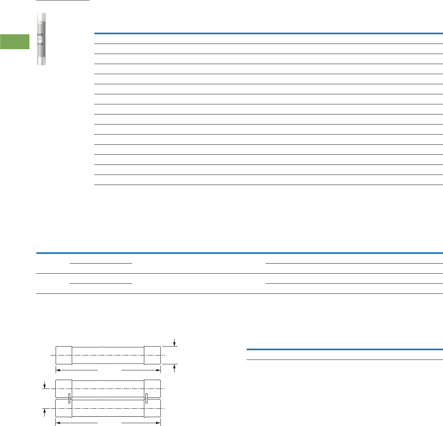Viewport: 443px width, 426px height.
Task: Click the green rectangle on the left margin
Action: [15, 42]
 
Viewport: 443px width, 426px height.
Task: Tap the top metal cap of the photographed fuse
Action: [41, 18]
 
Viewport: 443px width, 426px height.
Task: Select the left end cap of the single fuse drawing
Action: [64, 355]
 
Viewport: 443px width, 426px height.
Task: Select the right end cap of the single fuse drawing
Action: [152, 355]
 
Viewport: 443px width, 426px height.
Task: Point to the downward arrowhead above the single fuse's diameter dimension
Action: [174, 344]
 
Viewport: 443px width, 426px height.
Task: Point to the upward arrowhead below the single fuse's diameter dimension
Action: [174, 366]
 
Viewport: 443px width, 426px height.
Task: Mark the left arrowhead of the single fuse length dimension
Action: [58, 369]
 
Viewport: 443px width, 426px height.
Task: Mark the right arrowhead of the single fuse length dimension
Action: [158, 369]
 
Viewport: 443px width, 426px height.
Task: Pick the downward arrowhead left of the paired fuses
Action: [45, 386]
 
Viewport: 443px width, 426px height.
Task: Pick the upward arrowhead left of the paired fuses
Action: [45, 411]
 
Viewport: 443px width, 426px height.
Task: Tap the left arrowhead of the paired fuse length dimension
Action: [58, 423]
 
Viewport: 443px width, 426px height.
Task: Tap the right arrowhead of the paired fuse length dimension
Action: [158, 423]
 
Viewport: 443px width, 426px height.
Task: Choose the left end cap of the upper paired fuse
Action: [64, 388]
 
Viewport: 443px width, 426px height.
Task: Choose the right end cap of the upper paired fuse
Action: [152, 388]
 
